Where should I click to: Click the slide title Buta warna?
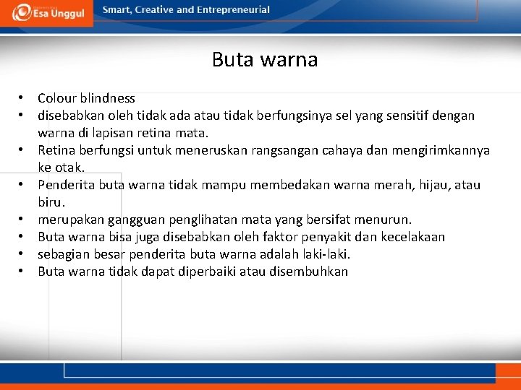click(265, 59)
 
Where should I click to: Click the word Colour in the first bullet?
click(59, 98)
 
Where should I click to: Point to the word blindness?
click(109, 98)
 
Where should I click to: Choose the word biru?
click(51, 202)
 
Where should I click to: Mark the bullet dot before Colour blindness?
click(23, 98)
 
